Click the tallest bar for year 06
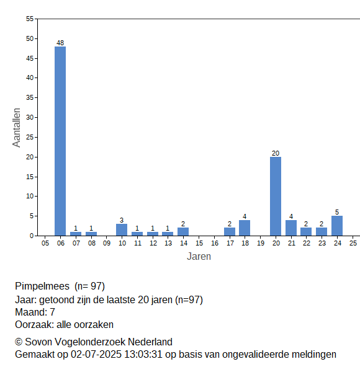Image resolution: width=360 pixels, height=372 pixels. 60,141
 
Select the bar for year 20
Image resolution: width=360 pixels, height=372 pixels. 276,196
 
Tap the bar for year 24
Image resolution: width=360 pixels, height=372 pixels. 337,226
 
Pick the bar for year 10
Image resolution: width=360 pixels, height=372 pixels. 122,230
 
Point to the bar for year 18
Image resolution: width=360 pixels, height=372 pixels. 245,228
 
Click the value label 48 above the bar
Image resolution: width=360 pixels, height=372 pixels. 60,43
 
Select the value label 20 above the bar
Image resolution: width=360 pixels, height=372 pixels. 276,153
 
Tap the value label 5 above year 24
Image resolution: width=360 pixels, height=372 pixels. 337,212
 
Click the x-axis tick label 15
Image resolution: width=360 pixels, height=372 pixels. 199,243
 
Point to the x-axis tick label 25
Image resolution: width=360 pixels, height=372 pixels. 353,243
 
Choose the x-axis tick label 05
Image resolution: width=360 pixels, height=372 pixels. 45,243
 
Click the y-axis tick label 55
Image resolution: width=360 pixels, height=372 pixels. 30,19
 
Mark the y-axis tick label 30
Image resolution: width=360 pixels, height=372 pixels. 30,117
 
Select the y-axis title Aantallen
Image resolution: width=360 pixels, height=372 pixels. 17,128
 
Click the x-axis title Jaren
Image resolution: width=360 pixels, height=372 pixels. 199,257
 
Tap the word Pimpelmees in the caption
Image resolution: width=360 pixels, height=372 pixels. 42,286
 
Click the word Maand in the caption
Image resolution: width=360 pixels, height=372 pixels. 31,312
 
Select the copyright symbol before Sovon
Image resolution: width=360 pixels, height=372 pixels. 19,342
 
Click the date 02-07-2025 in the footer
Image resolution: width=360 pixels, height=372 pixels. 96,355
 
